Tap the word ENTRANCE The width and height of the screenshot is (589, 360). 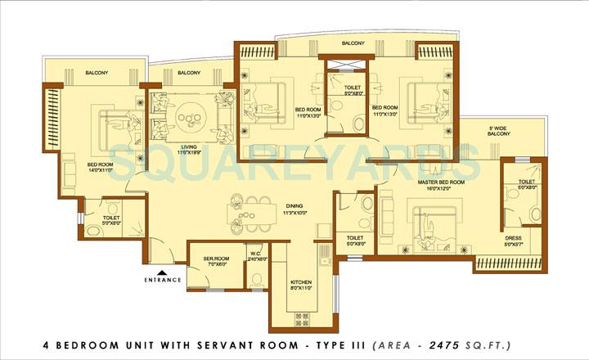(162, 280)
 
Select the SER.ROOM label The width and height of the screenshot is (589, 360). (214, 259)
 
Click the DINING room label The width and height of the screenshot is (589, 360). (294, 207)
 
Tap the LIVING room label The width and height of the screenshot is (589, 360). (189, 148)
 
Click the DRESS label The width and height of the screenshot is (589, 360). (512, 239)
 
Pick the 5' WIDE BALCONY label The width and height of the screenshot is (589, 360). (499, 132)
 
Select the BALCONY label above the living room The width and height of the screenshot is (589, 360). (189, 74)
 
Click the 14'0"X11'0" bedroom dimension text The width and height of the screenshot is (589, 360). (100, 171)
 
